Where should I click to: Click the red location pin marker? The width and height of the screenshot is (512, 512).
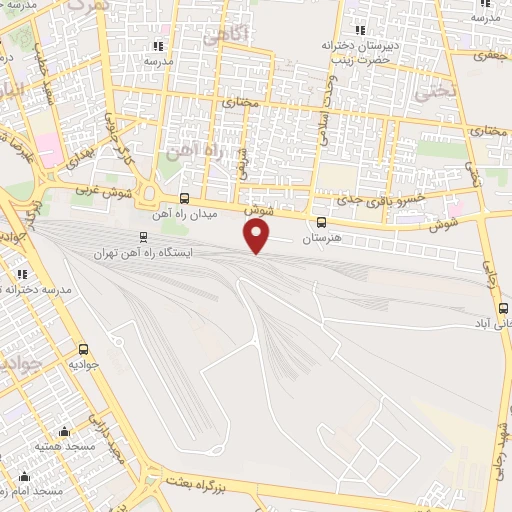tap(258, 236)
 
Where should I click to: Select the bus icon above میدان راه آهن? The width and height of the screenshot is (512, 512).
tap(183, 199)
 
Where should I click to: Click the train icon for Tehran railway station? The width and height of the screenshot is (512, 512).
tap(144, 238)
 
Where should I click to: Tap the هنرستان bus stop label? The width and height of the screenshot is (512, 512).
tap(322, 239)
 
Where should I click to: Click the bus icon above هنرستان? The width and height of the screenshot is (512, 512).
tap(322, 223)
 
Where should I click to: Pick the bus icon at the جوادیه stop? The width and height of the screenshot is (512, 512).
tap(83, 350)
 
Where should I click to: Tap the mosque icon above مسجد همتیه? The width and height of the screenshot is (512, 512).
tap(66, 433)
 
